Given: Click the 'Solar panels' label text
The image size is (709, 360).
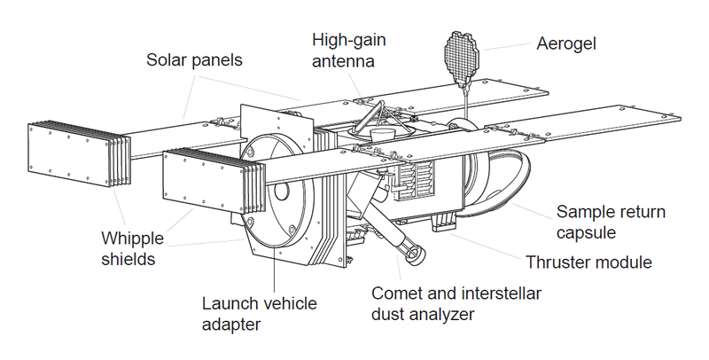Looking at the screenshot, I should [x=194, y=61].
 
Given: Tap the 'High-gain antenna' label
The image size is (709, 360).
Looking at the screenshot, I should [x=347, y=51].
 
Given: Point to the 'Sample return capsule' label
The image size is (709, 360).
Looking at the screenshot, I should [x=610, y=223].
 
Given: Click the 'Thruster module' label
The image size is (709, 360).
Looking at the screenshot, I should [x=588, y=262].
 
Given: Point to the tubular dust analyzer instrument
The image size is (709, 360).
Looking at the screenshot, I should [x=408, y=246].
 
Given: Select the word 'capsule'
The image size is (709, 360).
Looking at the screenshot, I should [x=584, y=233].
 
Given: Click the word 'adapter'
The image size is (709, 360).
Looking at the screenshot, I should [x=232, y=325].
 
